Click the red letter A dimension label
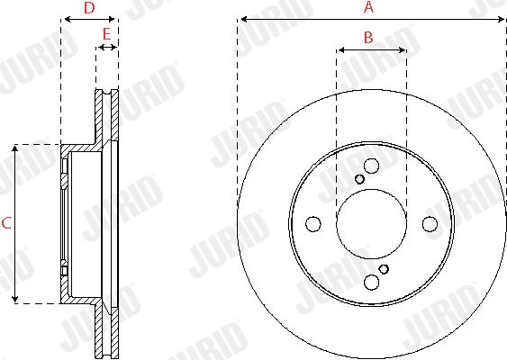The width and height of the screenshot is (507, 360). [368, 7]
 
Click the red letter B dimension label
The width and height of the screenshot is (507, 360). [368, 38]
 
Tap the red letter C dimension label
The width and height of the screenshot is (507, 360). [6, 223]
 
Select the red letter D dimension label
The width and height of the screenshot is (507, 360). [89, 8]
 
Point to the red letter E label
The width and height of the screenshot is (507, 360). [106, 34]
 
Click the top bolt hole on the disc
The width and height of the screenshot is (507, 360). [371, 166]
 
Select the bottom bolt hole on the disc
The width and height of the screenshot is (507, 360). [371, 282]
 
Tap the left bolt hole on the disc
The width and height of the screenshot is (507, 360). [313, 224]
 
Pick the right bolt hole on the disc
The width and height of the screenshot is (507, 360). [430, 224]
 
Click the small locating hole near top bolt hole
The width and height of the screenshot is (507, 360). [359, 179]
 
